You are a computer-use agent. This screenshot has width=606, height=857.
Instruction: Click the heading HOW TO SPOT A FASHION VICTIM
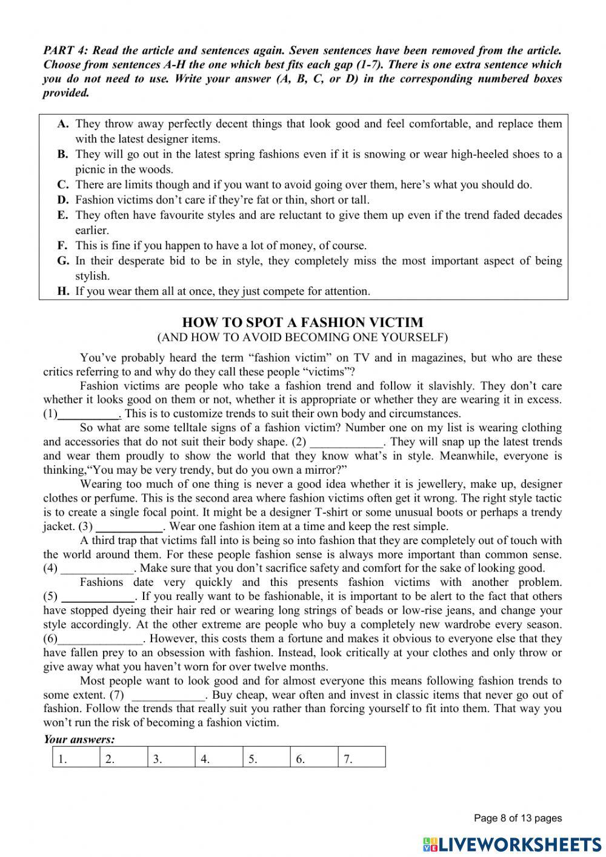(302, 322)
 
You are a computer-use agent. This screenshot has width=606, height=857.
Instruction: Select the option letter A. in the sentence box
(63, 124)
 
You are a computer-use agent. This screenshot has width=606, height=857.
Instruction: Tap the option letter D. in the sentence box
(63, 200)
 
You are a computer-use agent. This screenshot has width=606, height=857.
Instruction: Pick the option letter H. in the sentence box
(64, 291)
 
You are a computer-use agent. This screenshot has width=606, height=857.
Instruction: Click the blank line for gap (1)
(89, 415)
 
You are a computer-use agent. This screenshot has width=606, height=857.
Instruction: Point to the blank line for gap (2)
(346, 443)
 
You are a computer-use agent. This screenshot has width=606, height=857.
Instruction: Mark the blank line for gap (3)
(129, 527)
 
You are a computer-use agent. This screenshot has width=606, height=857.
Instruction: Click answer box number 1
(76, 758)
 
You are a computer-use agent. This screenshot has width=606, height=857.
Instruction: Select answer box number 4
(219, 758)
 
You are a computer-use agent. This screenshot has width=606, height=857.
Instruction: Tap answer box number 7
(361, 758)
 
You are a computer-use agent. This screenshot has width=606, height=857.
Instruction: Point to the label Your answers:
(79, 739)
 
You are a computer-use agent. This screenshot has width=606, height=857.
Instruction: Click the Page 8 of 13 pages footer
(518, 818)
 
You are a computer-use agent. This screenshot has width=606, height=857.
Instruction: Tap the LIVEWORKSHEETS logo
(512, 844)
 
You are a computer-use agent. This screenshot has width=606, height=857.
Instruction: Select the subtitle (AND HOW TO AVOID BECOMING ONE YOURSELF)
(302, 337)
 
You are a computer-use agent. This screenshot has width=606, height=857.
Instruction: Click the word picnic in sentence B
(91, 169)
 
